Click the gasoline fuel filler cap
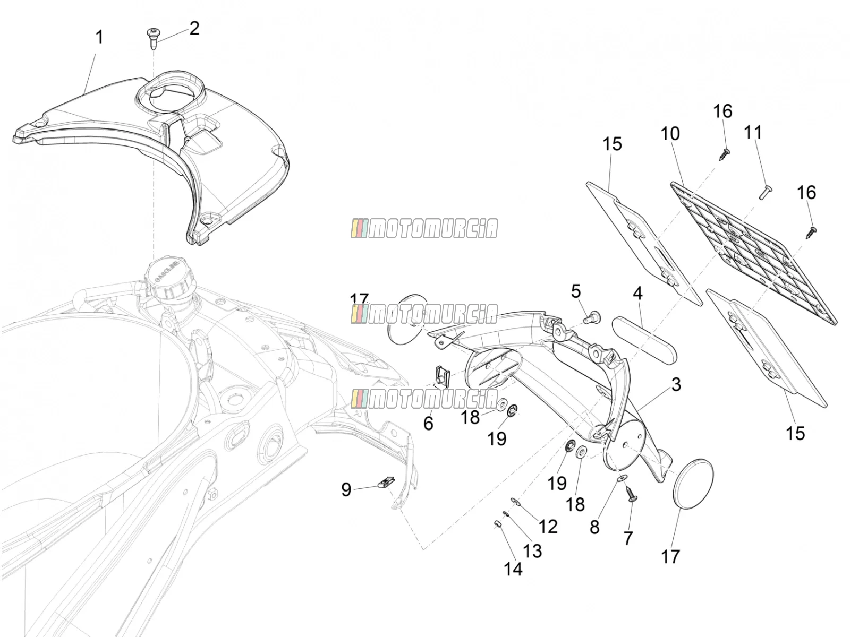pos(168,276)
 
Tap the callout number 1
pos(99,38)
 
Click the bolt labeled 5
pos(591,318)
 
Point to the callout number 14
pos(513,569)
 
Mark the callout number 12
pos(548,527)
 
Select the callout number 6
pos(428,424)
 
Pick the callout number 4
pos(638,293)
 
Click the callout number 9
pos(346,489)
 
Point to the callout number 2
pos(194,29)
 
